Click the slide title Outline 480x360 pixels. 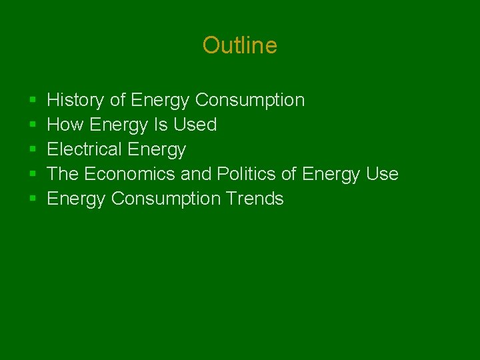239,45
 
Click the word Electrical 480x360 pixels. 84,149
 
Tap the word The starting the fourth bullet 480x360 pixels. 63,174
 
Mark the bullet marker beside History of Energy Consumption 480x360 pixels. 33,101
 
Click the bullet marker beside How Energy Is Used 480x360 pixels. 33,125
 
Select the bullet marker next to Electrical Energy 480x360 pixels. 33,150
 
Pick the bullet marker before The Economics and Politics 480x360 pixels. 33,175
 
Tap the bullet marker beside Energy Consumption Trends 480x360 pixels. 33,199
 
